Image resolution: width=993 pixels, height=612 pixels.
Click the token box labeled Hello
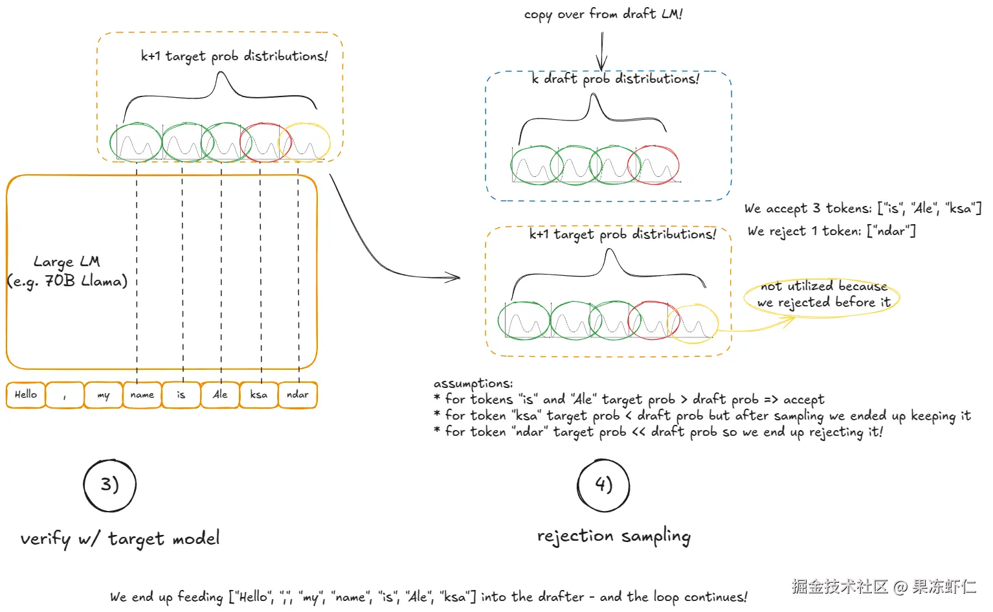coord(26,394)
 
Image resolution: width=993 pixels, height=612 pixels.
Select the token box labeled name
coord(142,394)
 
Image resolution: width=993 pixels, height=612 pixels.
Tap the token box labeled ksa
coord(258,394)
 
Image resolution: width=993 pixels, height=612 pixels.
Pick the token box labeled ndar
coord(298,394)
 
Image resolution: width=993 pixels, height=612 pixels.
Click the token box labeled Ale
coord(220,394)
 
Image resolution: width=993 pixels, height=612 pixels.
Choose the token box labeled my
coord(104,394)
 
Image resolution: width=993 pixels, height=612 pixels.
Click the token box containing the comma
coord(65,394)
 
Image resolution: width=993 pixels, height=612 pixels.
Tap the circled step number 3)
coord(109,485)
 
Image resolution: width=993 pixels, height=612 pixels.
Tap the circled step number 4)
coord(603,485)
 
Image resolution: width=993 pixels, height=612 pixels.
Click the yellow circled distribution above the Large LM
coord(304,142)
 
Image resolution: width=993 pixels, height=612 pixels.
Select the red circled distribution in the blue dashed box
coord(653,165)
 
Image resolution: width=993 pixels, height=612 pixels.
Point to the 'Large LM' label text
coord(67,262)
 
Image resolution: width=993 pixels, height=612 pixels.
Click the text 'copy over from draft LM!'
coord(603,14)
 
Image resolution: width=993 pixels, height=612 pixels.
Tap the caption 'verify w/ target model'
coord(120,539)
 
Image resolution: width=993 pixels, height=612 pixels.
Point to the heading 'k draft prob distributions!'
coord(616,79)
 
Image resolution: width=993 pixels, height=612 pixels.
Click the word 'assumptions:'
coord(473,383)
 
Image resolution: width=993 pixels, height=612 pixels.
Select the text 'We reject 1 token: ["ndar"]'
coord(832,231)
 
